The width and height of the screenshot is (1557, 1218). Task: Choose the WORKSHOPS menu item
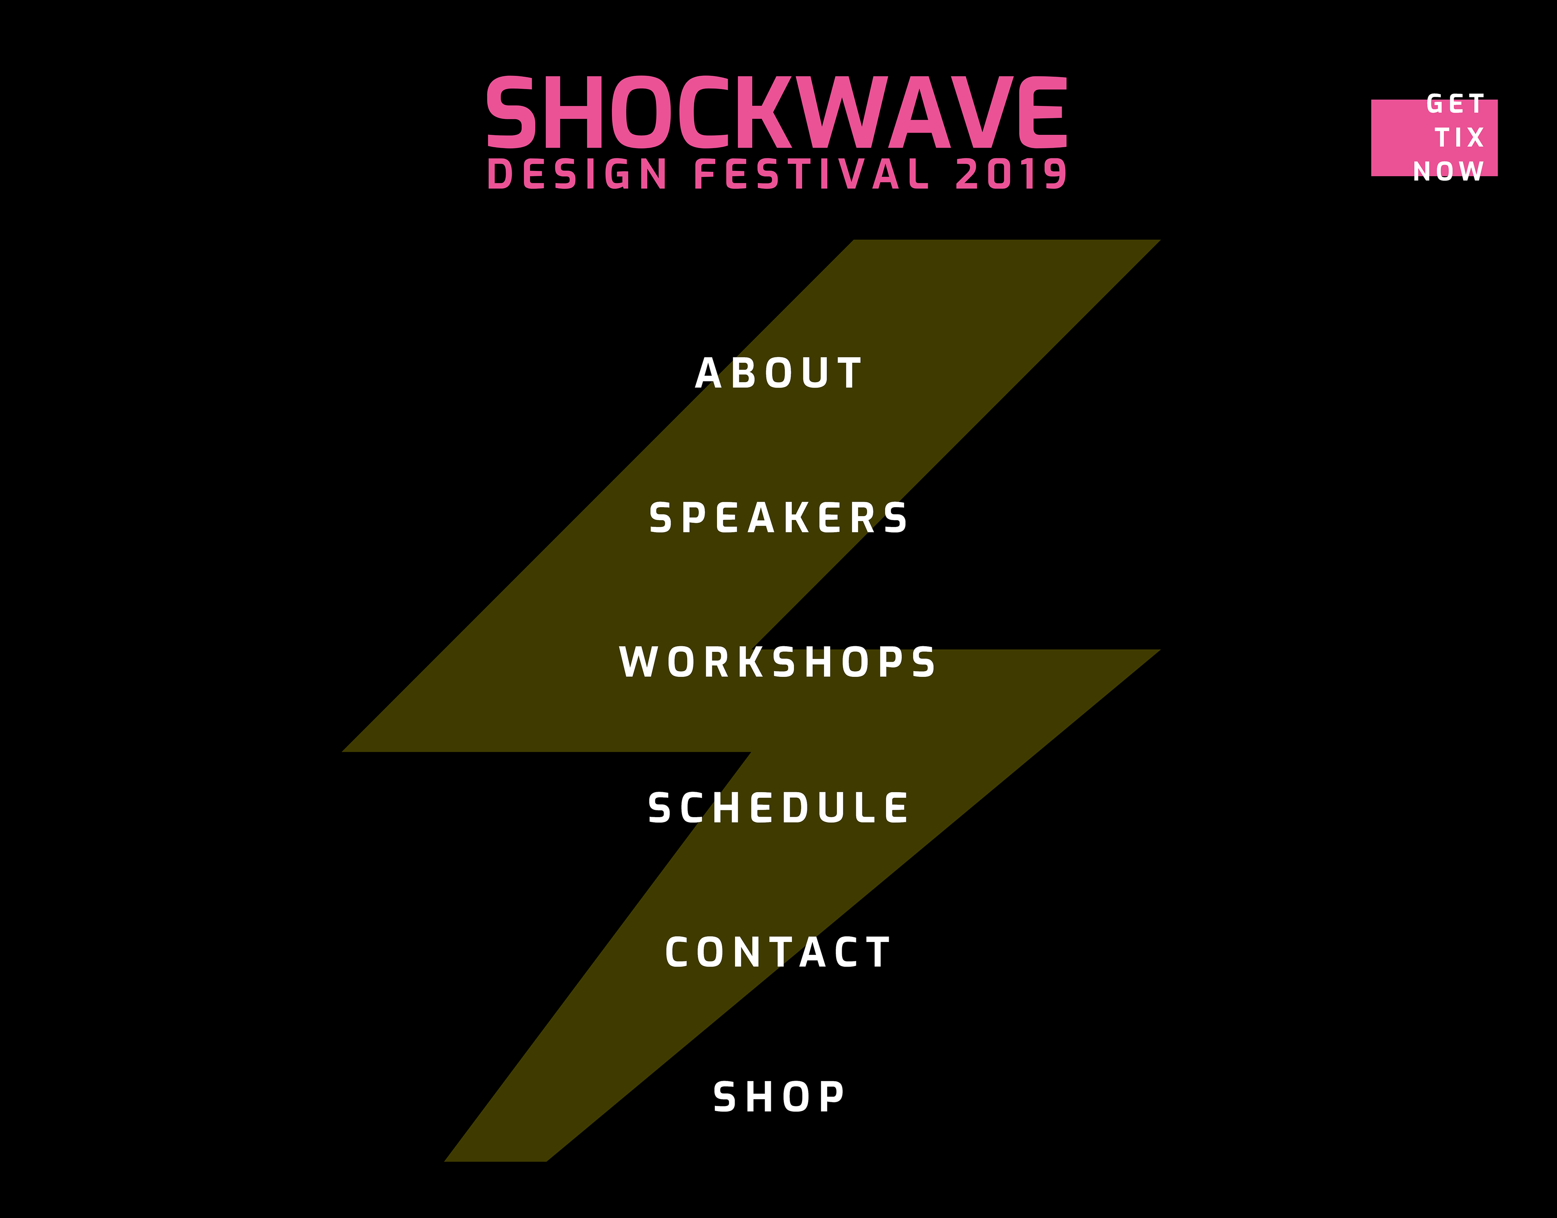coord(777,663)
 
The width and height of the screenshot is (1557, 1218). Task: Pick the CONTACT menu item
coord(778,953)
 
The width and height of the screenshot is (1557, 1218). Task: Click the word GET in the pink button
coord(1455,104)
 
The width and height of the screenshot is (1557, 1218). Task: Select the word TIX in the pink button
coord(1459,138)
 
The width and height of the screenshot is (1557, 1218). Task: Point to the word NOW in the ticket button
coord(1449,171)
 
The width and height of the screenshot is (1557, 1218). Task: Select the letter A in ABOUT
coord(709,374)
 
